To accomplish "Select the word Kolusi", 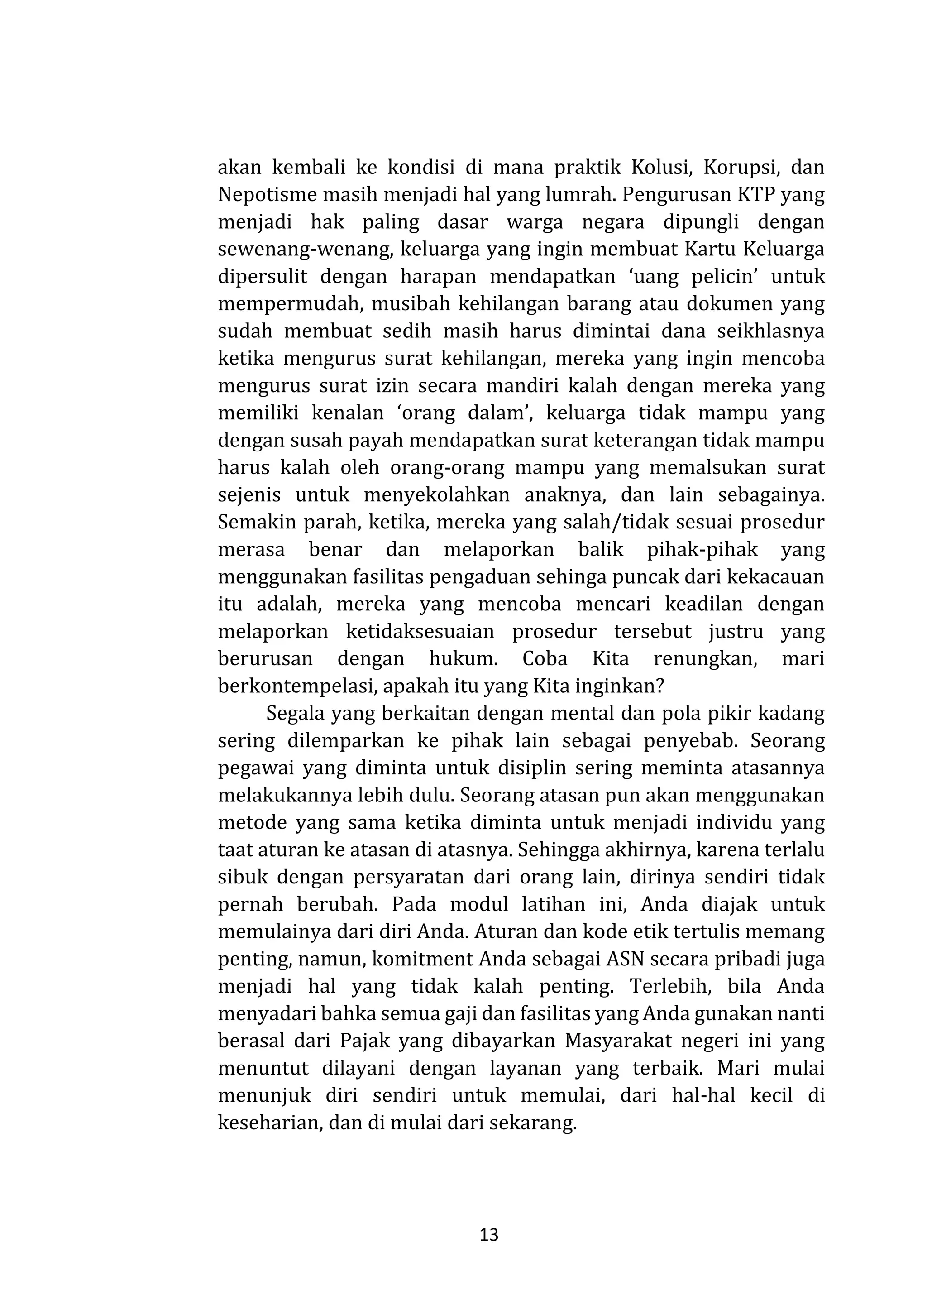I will tap(663, 168).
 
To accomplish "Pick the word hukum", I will tap(463, 659).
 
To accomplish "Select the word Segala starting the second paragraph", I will tap(296, 714).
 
